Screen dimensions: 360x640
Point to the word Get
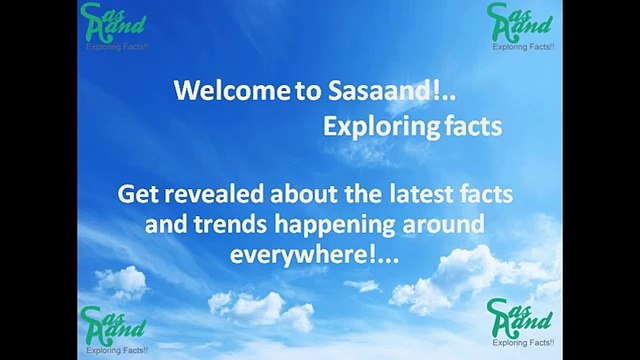(x=136, y=194)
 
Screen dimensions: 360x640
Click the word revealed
(x=207, y=194)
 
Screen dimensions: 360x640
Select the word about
(x=291, y=194)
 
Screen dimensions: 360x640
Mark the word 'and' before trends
(x=164, y=224)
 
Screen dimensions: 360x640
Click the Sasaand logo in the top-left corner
(x=112, y=24)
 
